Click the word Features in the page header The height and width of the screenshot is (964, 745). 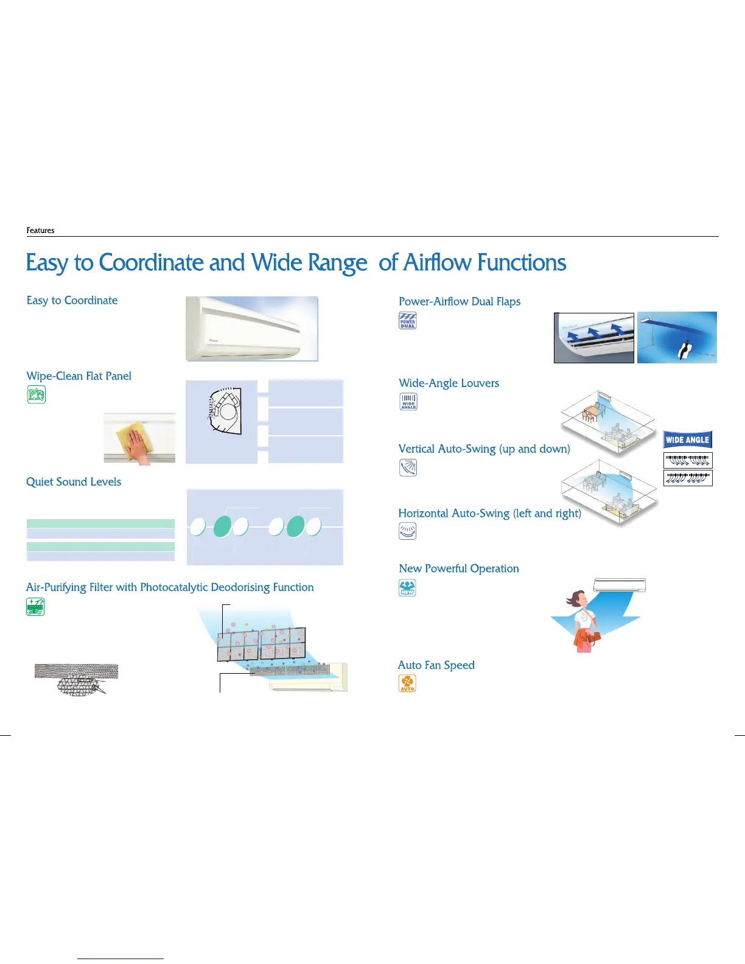coord(40,230)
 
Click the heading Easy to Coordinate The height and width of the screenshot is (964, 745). coord(72,300)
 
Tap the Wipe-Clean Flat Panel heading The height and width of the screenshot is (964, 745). coord(79,376)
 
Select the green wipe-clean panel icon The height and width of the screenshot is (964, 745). coord(37,394)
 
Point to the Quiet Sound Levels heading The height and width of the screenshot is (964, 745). coord(74,482)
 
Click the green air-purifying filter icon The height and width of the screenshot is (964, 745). coord(35,607)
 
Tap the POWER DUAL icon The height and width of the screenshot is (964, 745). coord(407,320)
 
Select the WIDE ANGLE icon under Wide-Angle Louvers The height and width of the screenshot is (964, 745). coord(408,402)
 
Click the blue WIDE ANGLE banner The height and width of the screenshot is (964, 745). coord(687,439)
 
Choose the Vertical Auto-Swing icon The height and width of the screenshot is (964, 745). coord(408,467)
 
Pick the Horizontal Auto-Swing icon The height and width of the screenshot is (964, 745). coord(407,531)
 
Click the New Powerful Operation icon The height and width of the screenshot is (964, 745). coord(407,588)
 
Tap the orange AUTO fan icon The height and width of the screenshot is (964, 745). coord(407,683)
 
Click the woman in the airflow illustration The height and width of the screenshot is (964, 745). coord(583,621)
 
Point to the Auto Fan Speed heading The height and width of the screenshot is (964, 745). coord(436,665)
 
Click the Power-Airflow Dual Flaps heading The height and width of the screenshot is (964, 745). coord(460,302)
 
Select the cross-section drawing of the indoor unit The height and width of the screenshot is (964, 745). coord(225,411)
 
